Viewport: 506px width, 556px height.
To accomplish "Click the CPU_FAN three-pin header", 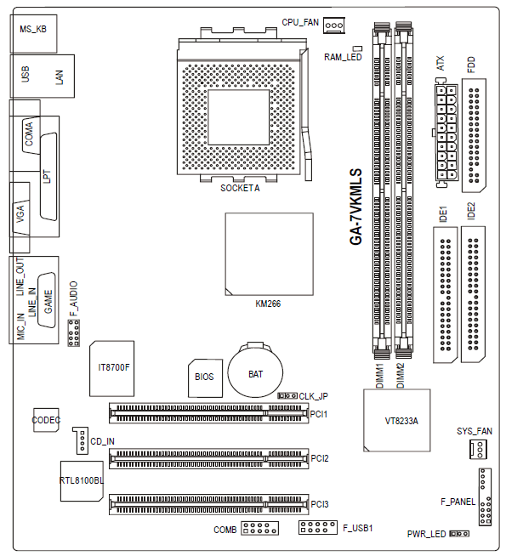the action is click(x=333, y=26).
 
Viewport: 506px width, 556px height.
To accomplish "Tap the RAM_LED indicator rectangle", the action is click(x=357, y=48).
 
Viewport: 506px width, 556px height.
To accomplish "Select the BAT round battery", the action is click(x=255, y=371).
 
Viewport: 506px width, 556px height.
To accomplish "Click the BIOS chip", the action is click(x=205, y=378).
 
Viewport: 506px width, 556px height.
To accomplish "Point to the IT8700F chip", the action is click(x=112, y=368).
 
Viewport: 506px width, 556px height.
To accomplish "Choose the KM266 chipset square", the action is click(x=269, y=254).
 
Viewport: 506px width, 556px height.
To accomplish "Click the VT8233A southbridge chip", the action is click(x=397, y=420).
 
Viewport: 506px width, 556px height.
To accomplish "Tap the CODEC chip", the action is click(x=46, y=420).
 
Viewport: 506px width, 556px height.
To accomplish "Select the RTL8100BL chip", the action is click(x=82, y=481).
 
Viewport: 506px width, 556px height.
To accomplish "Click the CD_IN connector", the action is click(x=81, y=440).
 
